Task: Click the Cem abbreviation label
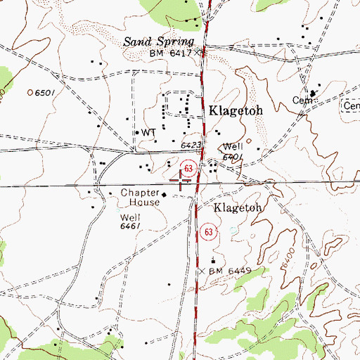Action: tap(301, 101)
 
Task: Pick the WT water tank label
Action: tap(148, 132)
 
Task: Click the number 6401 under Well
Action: tap(233, 157)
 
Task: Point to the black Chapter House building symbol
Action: tap(165, 194)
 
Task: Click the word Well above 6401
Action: tap(232, 148)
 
